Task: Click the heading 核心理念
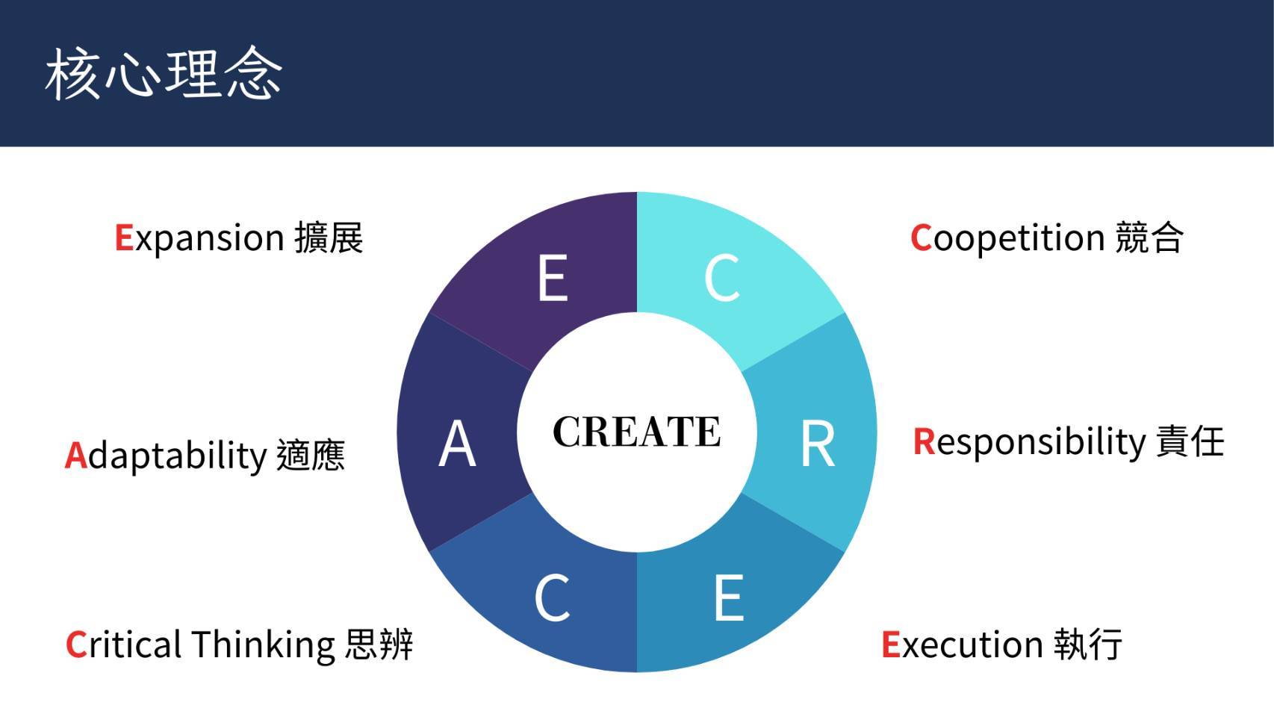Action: click(x=164, y=74)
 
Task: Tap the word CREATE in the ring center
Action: click(x=636, y=432)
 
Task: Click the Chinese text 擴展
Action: click(x=329, y=238)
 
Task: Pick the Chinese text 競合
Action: click(x=1149, y=238)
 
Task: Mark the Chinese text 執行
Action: click(x=1088, y=645)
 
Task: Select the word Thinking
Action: click(x=264, y=646)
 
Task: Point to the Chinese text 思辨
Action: click(x=379, y=645)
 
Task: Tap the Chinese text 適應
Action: click(x=311, y=456)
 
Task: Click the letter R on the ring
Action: click(x=817, y=444)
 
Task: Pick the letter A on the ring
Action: click(x=457, y=444)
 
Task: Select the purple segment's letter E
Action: click(x=553, y=278)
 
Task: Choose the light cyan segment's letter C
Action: click(x=722, y=278)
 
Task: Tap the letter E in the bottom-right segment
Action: click(x=729, y=597)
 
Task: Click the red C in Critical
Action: click(x=76, y=645)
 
